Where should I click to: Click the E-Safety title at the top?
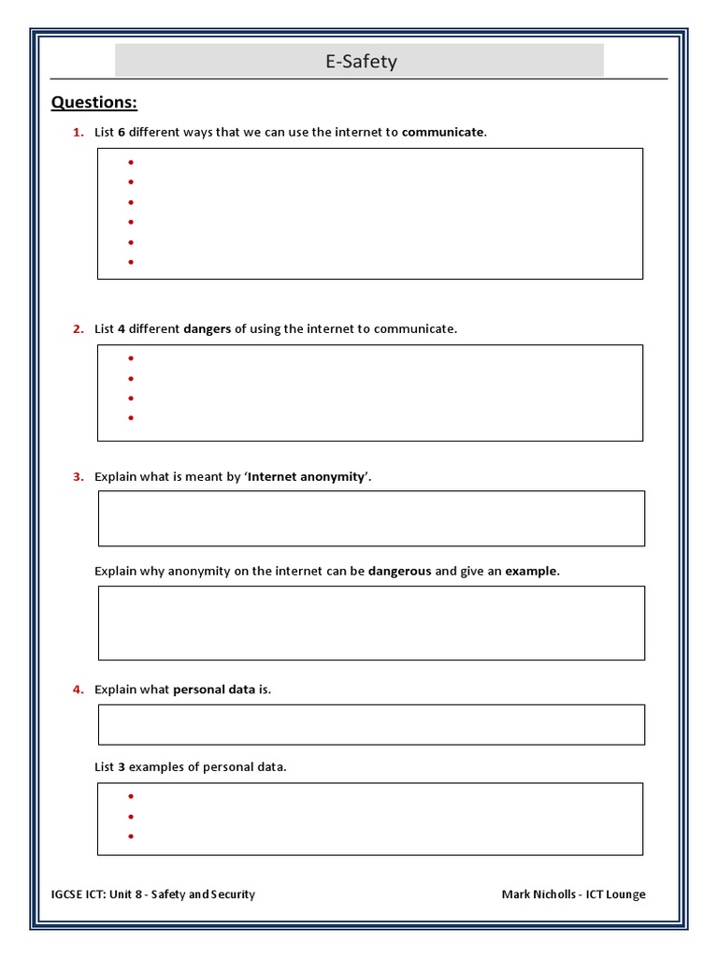pos(360,62)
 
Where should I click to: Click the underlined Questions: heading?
pos(93,102)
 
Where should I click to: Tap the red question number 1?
pos(79,132)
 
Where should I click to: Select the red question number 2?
pos(79,328)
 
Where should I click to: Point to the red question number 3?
pos(79,476)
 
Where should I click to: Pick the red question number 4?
pos(79,689)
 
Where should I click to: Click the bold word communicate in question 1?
pos(443,132)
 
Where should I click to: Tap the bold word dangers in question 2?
pos(208,328)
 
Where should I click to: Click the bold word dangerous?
pos(399,571)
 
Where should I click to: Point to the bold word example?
pos(531,571)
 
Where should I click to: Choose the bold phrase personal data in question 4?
pos(214,689)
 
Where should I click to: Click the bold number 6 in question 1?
pos(122,132)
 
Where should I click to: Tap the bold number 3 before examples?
pos(122,766)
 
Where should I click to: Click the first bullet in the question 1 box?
pos(131,163)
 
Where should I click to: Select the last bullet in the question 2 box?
pos(131,418)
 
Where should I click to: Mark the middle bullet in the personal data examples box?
pos(131,817)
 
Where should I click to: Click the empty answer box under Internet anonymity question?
pos(371,518)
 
